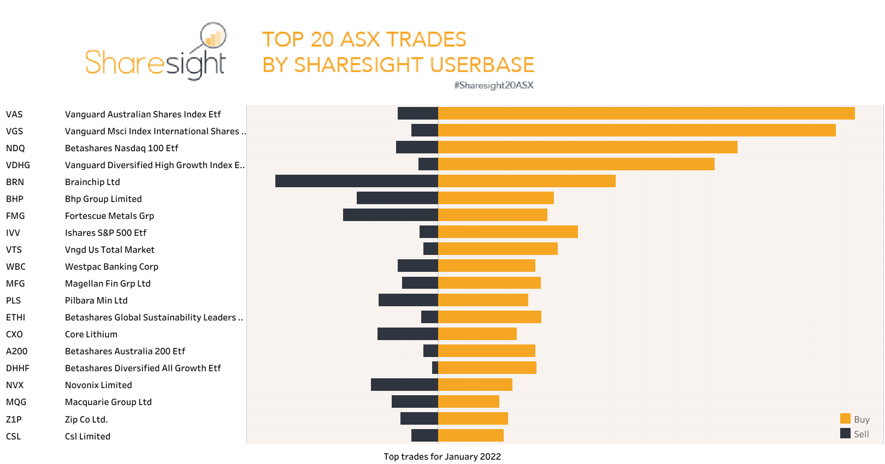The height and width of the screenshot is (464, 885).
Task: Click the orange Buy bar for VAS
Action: pos(646,114)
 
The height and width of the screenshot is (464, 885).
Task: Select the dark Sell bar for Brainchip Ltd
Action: pos(356,181)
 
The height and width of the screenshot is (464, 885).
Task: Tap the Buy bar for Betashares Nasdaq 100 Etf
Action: pos(587,147)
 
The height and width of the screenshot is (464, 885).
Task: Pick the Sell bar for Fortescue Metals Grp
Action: pos(390,215)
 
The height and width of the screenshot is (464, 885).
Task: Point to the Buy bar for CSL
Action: pos(470,436)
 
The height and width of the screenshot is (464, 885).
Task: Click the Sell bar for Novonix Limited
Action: pos(404,385)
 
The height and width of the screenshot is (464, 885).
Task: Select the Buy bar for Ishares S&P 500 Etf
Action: pos(508,232)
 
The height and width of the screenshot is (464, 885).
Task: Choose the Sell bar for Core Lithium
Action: pos(408,334)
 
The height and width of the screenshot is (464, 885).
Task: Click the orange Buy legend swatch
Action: pos(845,419)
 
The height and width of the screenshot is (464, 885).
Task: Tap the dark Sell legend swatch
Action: pos(845,433)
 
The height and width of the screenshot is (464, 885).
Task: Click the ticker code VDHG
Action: pos(18,165)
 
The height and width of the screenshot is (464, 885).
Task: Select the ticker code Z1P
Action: pos(14,419)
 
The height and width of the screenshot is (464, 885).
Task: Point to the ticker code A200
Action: pos(16,351)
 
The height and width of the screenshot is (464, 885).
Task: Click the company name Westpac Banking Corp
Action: pos(111,266)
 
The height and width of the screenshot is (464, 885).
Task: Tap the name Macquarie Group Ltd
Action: pos(108,402)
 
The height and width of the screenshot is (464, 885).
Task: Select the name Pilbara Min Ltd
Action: pos(96,300)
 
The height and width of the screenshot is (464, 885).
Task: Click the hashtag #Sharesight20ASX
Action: pos(493,85)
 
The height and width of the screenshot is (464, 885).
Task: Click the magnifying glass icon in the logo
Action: pos(213,37)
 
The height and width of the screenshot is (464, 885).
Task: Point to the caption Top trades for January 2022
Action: pos(442,456)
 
